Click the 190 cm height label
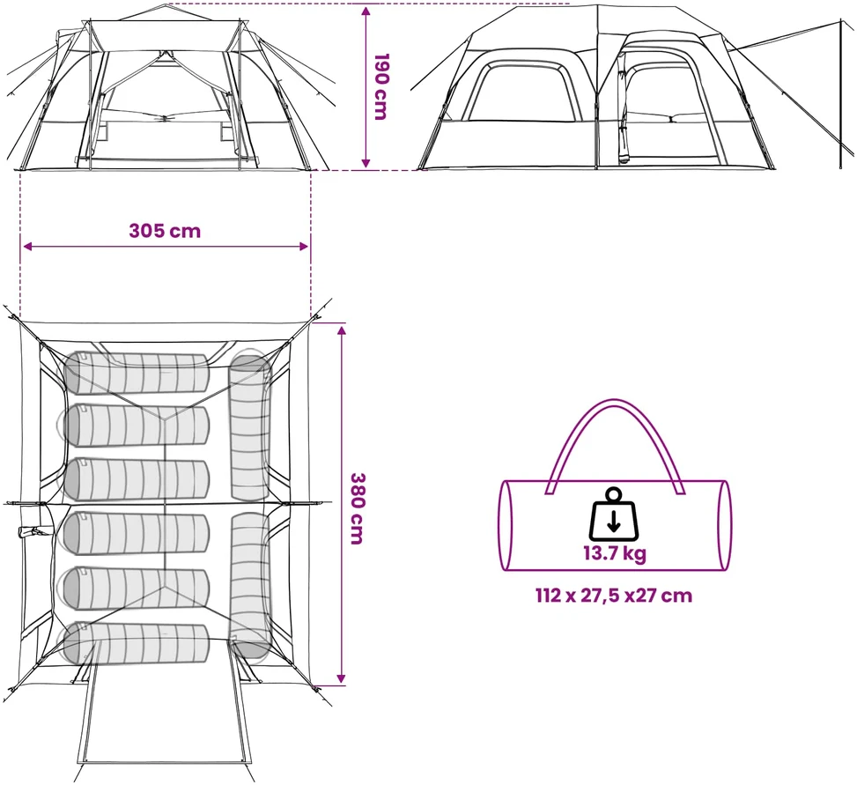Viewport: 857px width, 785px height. [380, 85]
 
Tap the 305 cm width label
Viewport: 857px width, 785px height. [165, 231]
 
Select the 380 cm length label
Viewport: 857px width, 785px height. [357, 508]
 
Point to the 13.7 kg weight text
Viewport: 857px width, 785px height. [614, 553]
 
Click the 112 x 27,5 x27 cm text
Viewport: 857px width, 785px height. [614, 595]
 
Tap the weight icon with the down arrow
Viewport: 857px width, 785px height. [614, 514]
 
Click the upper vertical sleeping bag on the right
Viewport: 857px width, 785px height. [250, 426]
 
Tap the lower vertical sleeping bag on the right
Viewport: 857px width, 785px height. [251, 585]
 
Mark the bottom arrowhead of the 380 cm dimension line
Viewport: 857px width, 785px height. [342, 679]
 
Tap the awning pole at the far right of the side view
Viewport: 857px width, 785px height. [841, 93]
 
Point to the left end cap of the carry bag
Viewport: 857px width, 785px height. [506, 526]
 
